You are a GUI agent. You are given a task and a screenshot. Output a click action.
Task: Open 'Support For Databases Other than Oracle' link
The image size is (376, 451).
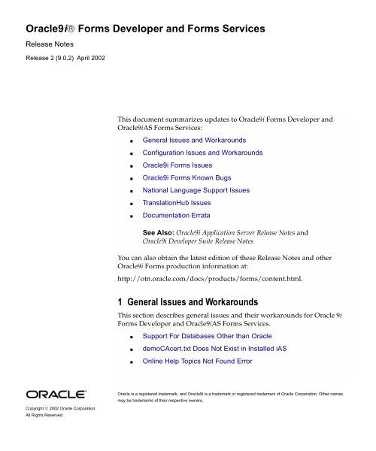pyautogui.click(x=208, y=335)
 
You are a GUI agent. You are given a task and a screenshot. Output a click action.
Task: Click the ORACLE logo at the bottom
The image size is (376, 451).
pyautogui.click(x=56, y=395)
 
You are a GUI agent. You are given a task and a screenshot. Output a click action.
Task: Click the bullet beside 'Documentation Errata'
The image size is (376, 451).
pyautogui.click(x=133, y=216)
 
